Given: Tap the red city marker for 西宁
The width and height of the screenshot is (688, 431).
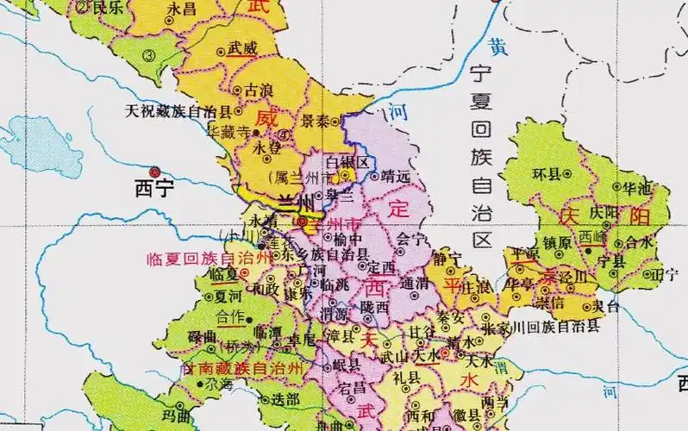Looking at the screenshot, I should tap(155, 171).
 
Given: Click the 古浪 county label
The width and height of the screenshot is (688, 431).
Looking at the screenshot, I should tap(261, 90).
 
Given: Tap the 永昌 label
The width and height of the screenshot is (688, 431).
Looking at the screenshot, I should tap(182, 8).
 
